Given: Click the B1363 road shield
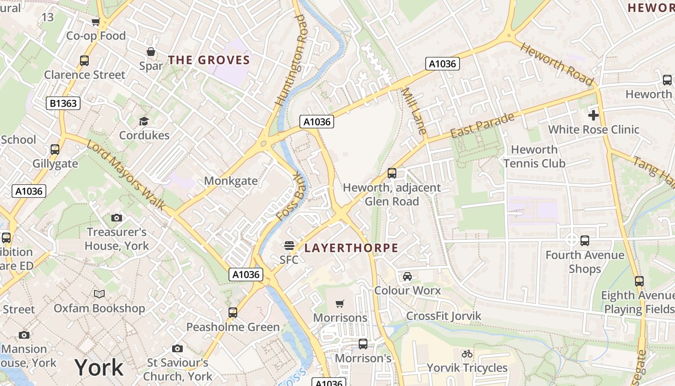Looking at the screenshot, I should click(63, 103).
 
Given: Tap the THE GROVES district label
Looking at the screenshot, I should click(209, 60).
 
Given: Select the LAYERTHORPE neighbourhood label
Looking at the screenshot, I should click(351, 248).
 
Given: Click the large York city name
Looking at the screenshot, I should click(99, 368).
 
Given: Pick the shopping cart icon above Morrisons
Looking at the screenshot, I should click(340, 303).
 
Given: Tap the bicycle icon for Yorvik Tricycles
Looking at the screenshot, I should click(467, 354).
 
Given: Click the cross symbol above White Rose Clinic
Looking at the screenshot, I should click(594, 115).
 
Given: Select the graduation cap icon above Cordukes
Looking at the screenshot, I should click(144, 121).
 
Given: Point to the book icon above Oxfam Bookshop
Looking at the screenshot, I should click(99, 294).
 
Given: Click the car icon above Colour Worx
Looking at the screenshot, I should click(407, 276).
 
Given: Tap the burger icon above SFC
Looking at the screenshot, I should click(289, 246).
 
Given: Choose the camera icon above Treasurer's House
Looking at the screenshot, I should click(116, 218).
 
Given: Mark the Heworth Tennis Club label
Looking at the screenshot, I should click(534, 156).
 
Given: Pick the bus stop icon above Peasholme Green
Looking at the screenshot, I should click(233, 313).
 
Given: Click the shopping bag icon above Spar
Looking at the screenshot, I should click(151, 52).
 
